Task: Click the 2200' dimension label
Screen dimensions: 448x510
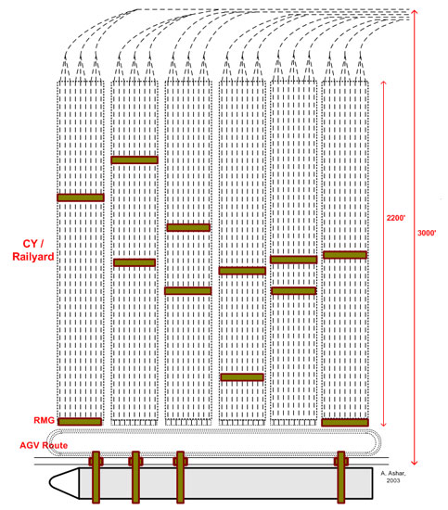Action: [396, 218]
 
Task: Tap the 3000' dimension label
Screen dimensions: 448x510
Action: [427, 233]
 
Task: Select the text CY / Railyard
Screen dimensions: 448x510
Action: [32, 250]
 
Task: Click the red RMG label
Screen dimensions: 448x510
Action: [44, 420]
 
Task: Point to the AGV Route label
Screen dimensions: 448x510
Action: [44, 445]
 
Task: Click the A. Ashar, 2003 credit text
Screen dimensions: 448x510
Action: [393, 477]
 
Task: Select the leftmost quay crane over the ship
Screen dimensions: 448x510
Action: [96, 477]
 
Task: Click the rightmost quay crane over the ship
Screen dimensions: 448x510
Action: [341, 477]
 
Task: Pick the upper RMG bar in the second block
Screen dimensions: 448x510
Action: [134, 159]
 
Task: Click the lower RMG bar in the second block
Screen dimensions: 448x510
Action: [134, 262]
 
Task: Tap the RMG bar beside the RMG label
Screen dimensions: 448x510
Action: [80, 422]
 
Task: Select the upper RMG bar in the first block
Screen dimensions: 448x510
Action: [81, 198]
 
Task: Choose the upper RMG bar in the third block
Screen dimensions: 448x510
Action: [188, 227]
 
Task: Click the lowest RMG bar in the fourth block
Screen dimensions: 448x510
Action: [242, 377]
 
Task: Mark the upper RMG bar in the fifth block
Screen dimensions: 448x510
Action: [293, 260]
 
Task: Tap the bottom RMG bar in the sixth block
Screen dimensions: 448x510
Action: [345, 423]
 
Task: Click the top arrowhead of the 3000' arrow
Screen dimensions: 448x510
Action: [414, 11]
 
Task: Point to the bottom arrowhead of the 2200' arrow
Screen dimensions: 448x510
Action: [383, 424]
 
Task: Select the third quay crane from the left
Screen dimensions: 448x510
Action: [180, 477]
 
